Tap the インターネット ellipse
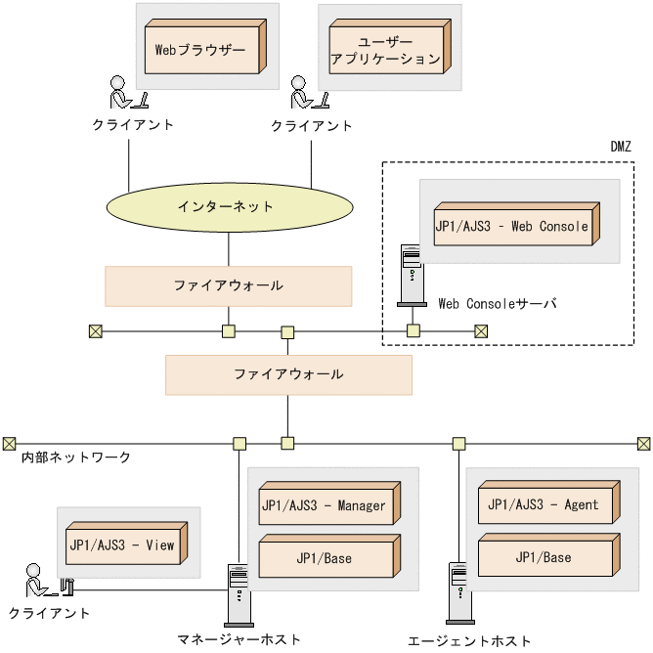coord(227,207)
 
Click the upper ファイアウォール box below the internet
coord(228,285)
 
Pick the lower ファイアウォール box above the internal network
coord(288,374)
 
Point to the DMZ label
coord(620,147)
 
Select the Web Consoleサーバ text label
coord(497,304)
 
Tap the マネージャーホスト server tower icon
coord(237,594)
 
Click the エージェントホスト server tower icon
coord(457,592)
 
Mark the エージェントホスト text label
coord(469,640)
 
